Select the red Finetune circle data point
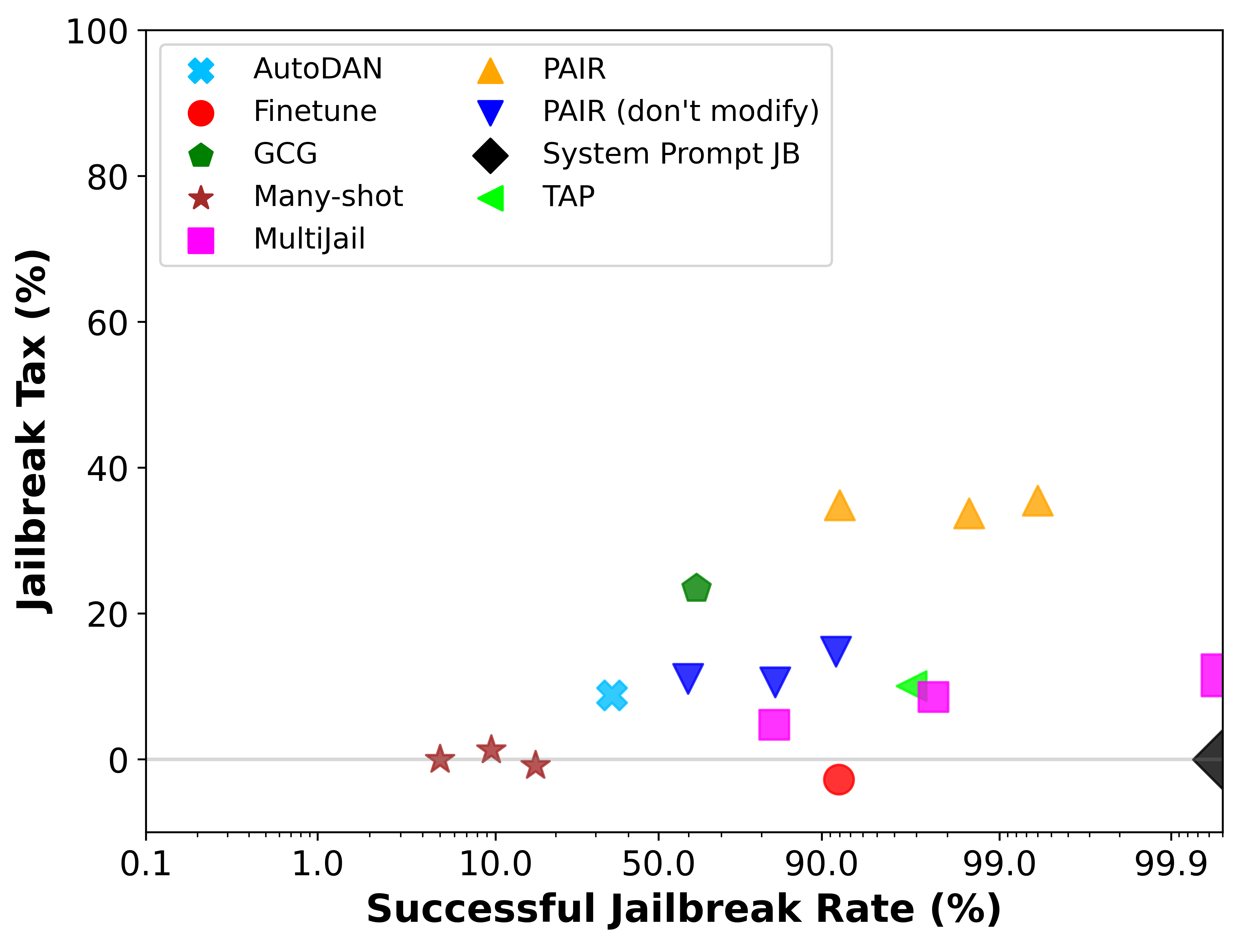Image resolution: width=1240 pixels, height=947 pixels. (839, 779)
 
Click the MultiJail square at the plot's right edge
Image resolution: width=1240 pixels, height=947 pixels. (1213, 675)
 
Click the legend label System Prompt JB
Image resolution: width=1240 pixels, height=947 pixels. (671, 154)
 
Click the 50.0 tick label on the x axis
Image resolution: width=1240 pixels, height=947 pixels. (658, 864)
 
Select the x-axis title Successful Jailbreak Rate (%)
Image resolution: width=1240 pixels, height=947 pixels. (683, 909)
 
